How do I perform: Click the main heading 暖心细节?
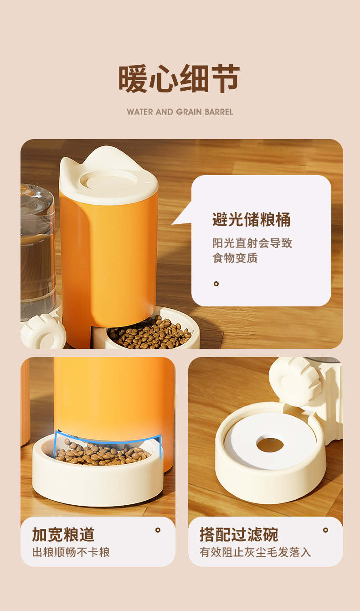click(179, 78)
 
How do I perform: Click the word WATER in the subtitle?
click(140, 112)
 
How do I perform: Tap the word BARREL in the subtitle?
click(219, 112)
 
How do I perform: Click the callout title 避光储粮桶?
click(251, 220)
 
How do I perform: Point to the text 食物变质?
click(235, 258)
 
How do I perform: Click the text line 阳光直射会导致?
click(252, 243)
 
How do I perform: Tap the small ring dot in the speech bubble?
click(216, 284)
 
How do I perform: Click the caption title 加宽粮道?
click(63, 534)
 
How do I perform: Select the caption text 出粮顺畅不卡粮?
click(71, 552)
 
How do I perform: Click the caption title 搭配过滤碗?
click(239, 534)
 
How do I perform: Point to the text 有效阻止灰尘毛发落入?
click(255, 552)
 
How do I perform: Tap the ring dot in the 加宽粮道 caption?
click(158, 530)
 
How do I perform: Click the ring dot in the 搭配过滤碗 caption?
click(325, 530)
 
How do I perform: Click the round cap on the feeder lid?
click(109, 180)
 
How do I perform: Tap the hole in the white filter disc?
click(270, 445)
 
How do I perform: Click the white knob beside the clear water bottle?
click(43, 331)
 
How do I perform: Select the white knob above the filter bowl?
click(295, 382)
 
